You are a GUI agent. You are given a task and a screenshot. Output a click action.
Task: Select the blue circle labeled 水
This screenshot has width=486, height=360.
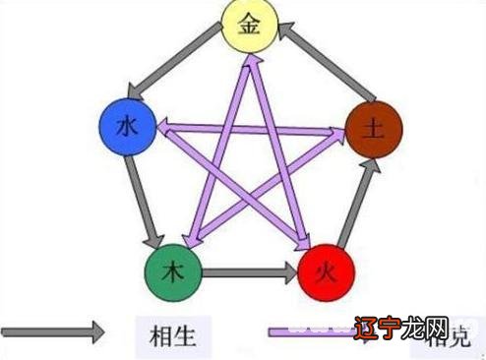tap(128, 127)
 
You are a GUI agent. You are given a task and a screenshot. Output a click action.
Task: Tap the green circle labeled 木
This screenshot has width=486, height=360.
tap(173, 268)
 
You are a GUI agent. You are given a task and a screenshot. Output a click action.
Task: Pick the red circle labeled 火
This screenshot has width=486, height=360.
tap(325, 268)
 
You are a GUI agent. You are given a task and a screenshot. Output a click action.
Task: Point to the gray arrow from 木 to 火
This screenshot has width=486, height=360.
tap(248, 269)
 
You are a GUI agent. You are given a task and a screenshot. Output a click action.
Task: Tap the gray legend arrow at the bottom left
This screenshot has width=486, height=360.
tap(53, 331)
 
